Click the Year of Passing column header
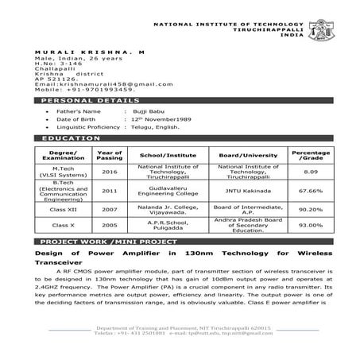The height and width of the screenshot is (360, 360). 109,153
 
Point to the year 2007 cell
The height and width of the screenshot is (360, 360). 109,209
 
